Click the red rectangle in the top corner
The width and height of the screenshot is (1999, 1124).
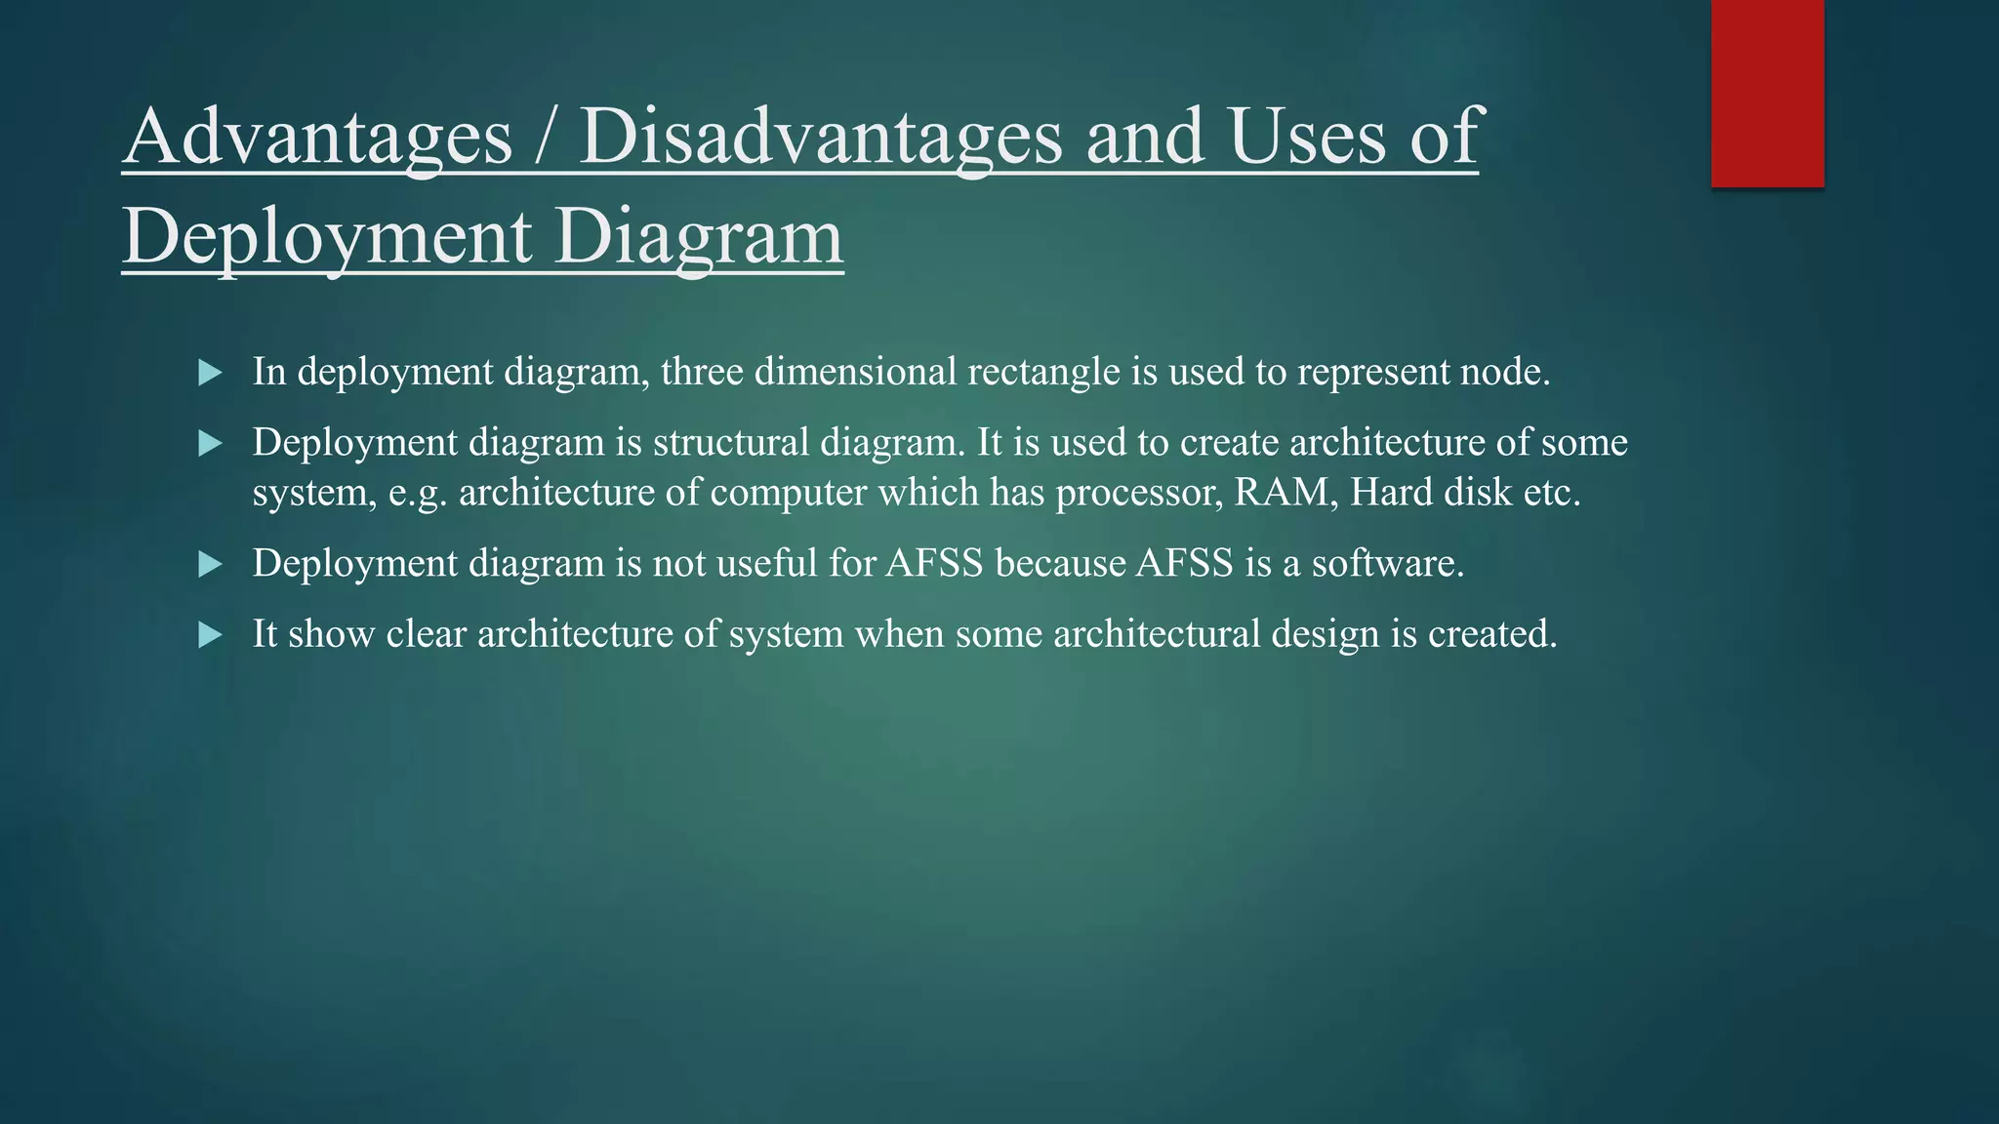[1767, 93]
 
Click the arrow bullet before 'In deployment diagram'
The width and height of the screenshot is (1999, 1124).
[210, 372]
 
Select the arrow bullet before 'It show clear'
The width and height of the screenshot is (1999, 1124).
[210, 635]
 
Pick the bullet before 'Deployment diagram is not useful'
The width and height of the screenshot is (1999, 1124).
[210, 564]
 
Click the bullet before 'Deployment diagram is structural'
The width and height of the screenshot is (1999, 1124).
[210, 444]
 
